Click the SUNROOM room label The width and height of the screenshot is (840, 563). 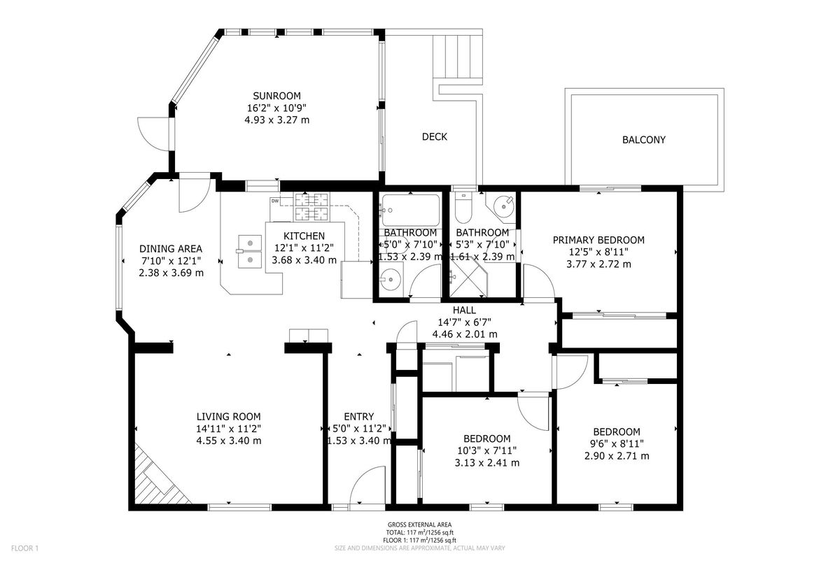click(x=276, y=96)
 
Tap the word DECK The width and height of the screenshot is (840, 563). click(x=435, y=136)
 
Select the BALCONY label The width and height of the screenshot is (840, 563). click(x=643, y=140)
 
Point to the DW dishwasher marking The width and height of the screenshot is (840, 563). click(x=275, y=201)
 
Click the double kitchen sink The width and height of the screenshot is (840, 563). click(x=249, y=251)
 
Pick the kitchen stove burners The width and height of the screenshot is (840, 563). click(x=311, y=206)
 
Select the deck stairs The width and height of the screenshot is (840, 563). click(x=458, y=57)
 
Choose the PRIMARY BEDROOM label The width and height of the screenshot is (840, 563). click(x=598, y=240)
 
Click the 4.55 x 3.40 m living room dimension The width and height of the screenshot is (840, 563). click(x=229, y=441)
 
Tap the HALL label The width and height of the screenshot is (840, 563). click(x=464, y=310)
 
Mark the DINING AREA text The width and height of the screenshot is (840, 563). click(x=171, y=249)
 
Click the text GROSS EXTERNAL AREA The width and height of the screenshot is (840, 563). click(x=419, y=525)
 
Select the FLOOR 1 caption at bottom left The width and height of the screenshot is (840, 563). click(x=24, y=549)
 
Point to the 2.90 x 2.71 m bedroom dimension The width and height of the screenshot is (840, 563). click(x=617, y=456)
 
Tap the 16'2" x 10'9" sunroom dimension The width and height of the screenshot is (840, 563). click(x=276, y=108)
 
